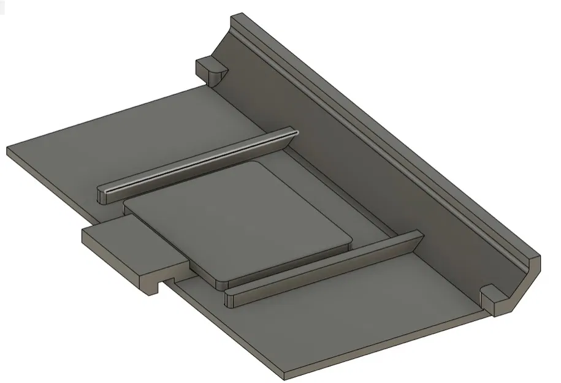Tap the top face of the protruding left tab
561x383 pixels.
coord(126,242)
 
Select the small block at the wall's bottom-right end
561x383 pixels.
coord(494,297)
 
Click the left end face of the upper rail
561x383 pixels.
coord(102,196)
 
